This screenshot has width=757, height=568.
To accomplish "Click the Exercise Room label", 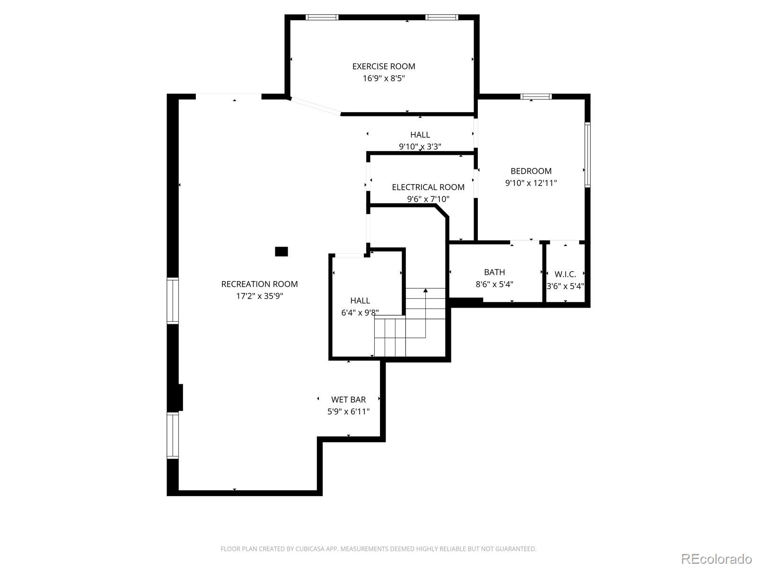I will pyautogui.click(x=383, y=67).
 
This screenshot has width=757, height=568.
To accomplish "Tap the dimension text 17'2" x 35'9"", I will pyautogui.click(x=259, y=296).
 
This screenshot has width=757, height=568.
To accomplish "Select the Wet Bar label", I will pyautogui.click(x=348, y=399).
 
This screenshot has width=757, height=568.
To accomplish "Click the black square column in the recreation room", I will pyautogui.click(x=282, y=251).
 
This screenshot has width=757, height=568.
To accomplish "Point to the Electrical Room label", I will pyautogui.click(x=428, y=187).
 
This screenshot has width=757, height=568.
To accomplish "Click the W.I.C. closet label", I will pyautogui.click(x=565, y=275).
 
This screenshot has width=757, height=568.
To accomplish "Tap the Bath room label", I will pyautogui.click(x=494, y=272).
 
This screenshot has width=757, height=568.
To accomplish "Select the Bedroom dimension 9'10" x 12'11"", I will pyautogui.click(x=531, y=183).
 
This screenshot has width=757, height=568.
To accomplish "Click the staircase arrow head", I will pyautogui.click(x=425, y=290).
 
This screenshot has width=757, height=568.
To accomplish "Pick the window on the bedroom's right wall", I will pyautogui.click(x=587, y=154).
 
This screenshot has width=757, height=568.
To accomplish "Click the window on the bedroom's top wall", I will pyautogui.click(x=536, y=97).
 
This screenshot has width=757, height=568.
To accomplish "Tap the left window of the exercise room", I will pyautogui.click(x=322, y=18).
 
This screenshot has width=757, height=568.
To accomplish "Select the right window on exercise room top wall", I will pyautogui.click(x=441, y=18).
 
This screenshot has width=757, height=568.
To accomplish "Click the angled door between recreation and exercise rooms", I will pyautogui.click(x=315, y=106).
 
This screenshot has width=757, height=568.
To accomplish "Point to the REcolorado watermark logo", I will pyautogui.click(x=716, y=559).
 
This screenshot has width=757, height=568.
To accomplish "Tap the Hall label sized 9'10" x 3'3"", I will pyautogui.click(x=420, y=135).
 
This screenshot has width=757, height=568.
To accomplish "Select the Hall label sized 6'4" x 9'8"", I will pyautogui.click(x=360, y=301).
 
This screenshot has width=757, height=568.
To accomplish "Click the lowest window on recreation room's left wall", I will pyautogui.click(x=173, y=435).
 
